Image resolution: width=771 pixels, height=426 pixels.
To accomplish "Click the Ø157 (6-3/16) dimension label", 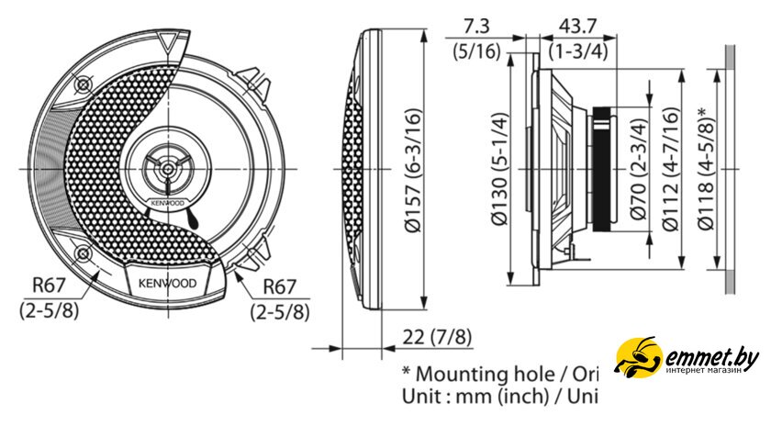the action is pyautogui.click(x=413, y=170).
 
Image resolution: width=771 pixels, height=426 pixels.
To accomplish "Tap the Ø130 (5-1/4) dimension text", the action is pyautogui.click(x=499, y=170).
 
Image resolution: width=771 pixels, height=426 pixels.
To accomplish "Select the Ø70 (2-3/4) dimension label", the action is pyautogui.click(x=638, y=169).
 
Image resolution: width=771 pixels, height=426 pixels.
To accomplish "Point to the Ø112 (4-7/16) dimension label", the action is pyautogui.click(x=670, y=170).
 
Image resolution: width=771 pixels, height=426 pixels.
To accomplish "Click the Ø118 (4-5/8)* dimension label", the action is pyautogui.click(x=705, y=169).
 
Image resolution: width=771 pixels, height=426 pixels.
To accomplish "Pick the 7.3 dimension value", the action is pyautogui.click(x=476, y=26).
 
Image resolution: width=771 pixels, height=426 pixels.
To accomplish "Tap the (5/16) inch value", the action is pyautogui.click(x=476, y=51).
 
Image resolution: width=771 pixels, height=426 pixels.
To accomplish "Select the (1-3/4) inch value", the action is pyautogui.click(x=578, y=51).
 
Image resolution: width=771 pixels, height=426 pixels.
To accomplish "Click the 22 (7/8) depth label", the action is pyautogui.click(x=437, y=338).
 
